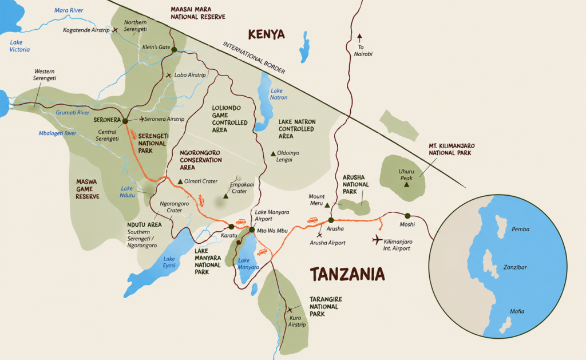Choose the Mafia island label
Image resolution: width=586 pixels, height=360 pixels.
[517, 311]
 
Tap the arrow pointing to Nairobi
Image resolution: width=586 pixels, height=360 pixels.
[359, 37]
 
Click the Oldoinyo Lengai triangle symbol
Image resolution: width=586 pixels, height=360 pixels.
[273, 153]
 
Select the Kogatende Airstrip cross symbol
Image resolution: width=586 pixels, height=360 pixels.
[115, 29]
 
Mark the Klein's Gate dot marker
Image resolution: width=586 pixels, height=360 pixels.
[173, 49]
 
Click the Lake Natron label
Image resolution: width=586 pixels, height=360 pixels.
[278, 94]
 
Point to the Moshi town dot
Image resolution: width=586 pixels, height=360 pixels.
[407, 216]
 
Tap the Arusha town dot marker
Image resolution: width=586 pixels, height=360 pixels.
[331, 220]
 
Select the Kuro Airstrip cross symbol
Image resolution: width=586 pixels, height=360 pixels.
[290, 310]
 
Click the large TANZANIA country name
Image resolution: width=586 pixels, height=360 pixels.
[347, 275]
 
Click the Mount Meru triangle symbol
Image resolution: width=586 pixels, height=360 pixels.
[327, 204]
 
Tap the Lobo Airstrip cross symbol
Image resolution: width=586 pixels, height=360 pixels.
[168, 75]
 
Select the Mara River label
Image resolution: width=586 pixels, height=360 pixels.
[68, 10]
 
